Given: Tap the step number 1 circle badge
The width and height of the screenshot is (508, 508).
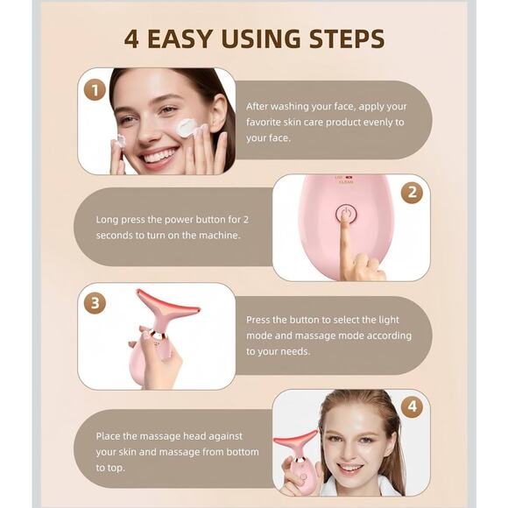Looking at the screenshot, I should pos(95,89).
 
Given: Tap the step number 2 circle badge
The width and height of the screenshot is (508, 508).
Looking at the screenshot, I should pos(411,193).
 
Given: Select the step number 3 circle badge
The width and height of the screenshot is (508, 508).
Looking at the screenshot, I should pos(95,303).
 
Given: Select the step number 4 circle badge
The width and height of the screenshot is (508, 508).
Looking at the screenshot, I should pos(413,407).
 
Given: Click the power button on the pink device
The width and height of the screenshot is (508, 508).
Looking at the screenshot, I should pos(346,214).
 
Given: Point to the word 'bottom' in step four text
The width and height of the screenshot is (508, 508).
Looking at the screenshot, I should pos(238,452).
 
